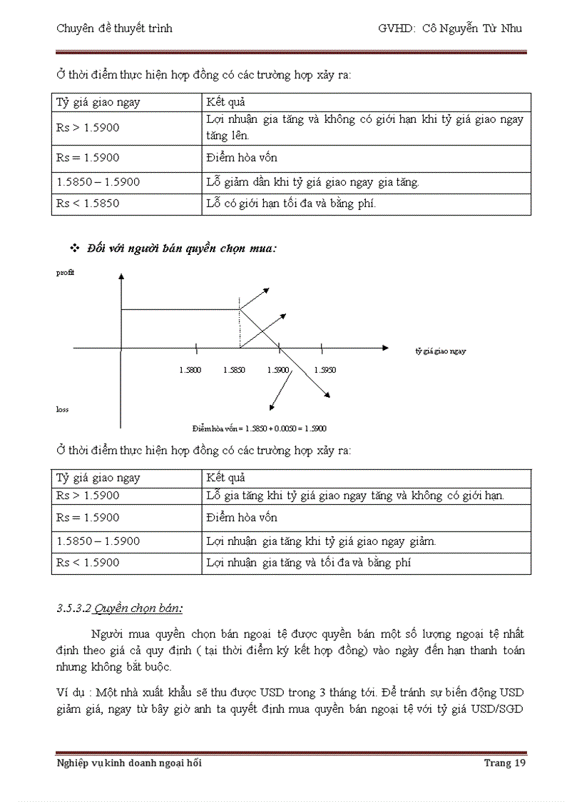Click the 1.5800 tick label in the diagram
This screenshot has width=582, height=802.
[190, 370]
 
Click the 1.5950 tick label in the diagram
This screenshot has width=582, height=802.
[325, 370]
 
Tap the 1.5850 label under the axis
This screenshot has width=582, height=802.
[235, 370]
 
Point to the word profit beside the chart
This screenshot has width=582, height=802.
[65, 273]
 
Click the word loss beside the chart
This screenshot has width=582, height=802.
[62, 409]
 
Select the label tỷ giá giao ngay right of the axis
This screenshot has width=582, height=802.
[441, 351]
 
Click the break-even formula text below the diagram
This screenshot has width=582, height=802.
[259, 428]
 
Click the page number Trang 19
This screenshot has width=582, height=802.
[504, 763]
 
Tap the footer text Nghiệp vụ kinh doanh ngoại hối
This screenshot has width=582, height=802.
[129, 763]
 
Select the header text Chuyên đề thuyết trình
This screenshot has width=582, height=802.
[114, 29]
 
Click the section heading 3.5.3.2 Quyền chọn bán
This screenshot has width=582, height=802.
[119, 608]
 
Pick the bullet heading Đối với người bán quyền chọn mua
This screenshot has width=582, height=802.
[181, 249]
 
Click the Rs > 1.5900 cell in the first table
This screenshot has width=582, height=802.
[88, 128]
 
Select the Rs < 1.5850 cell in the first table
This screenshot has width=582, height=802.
[88, 204]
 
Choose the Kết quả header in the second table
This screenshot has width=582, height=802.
[225, 478]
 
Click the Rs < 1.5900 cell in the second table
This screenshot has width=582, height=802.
[88, 563]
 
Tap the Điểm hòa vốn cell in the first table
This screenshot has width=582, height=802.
[242, 158]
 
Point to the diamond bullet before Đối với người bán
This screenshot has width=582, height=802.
[73, 248]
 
